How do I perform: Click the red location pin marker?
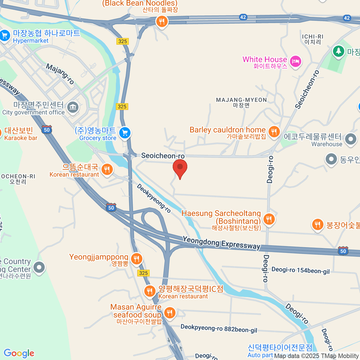click(180, 168)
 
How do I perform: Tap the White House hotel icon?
click(296, 61)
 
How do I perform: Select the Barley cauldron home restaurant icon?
click(274, 131)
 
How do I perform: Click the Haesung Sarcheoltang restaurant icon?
click(269, 219)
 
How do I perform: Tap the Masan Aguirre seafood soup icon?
click(169, 313)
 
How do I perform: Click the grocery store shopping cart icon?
click(125, 133)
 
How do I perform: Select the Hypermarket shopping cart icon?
click(5, 36)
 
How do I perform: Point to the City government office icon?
click(73, 106)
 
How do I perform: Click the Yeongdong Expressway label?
click(221, 243)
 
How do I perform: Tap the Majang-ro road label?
click(60, 73)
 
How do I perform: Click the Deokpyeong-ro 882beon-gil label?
click(219, 328)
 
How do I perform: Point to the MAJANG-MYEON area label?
click(241, 100)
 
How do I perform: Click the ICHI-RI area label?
click(313, 37)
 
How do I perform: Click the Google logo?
click(19, 353)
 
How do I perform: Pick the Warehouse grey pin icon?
click(350, 139)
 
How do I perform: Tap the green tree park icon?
click(338, 51)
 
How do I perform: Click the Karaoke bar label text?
click(21, 138)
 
